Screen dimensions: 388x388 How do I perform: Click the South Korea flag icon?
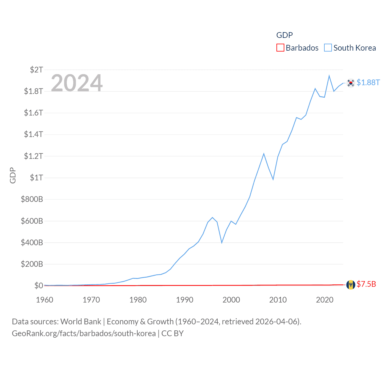click(351, 83)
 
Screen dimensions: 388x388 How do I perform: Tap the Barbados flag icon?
click(351, 285)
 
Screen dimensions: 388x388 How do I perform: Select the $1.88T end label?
click(368, 82)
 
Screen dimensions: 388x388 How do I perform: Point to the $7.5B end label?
click(366, 284)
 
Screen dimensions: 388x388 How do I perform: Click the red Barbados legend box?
click(280, 48)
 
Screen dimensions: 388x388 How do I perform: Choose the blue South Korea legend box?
click(328, 48)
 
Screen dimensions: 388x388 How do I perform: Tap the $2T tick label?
click(36, 70)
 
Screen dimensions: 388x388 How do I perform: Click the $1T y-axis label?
click(36, 178)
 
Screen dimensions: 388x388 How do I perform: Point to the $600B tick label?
click(32, 221)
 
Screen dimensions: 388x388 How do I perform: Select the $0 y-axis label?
click(38, 286)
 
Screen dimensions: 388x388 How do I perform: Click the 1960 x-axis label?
click(45, 300)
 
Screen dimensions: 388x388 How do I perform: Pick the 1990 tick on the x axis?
click(185, 300)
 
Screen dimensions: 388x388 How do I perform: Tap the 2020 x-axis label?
click(325, 300)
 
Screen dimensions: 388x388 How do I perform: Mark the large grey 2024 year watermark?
click(77, 83)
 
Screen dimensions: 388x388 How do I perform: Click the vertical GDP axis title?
click(13, 175)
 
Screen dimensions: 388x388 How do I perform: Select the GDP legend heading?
click(284, 35)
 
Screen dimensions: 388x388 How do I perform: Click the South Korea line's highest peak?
click(329, 76)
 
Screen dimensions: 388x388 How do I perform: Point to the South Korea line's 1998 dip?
click(222, 242)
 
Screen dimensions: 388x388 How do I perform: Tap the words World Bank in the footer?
click(81, 321)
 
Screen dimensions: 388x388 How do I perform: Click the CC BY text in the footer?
click(172, 333)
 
